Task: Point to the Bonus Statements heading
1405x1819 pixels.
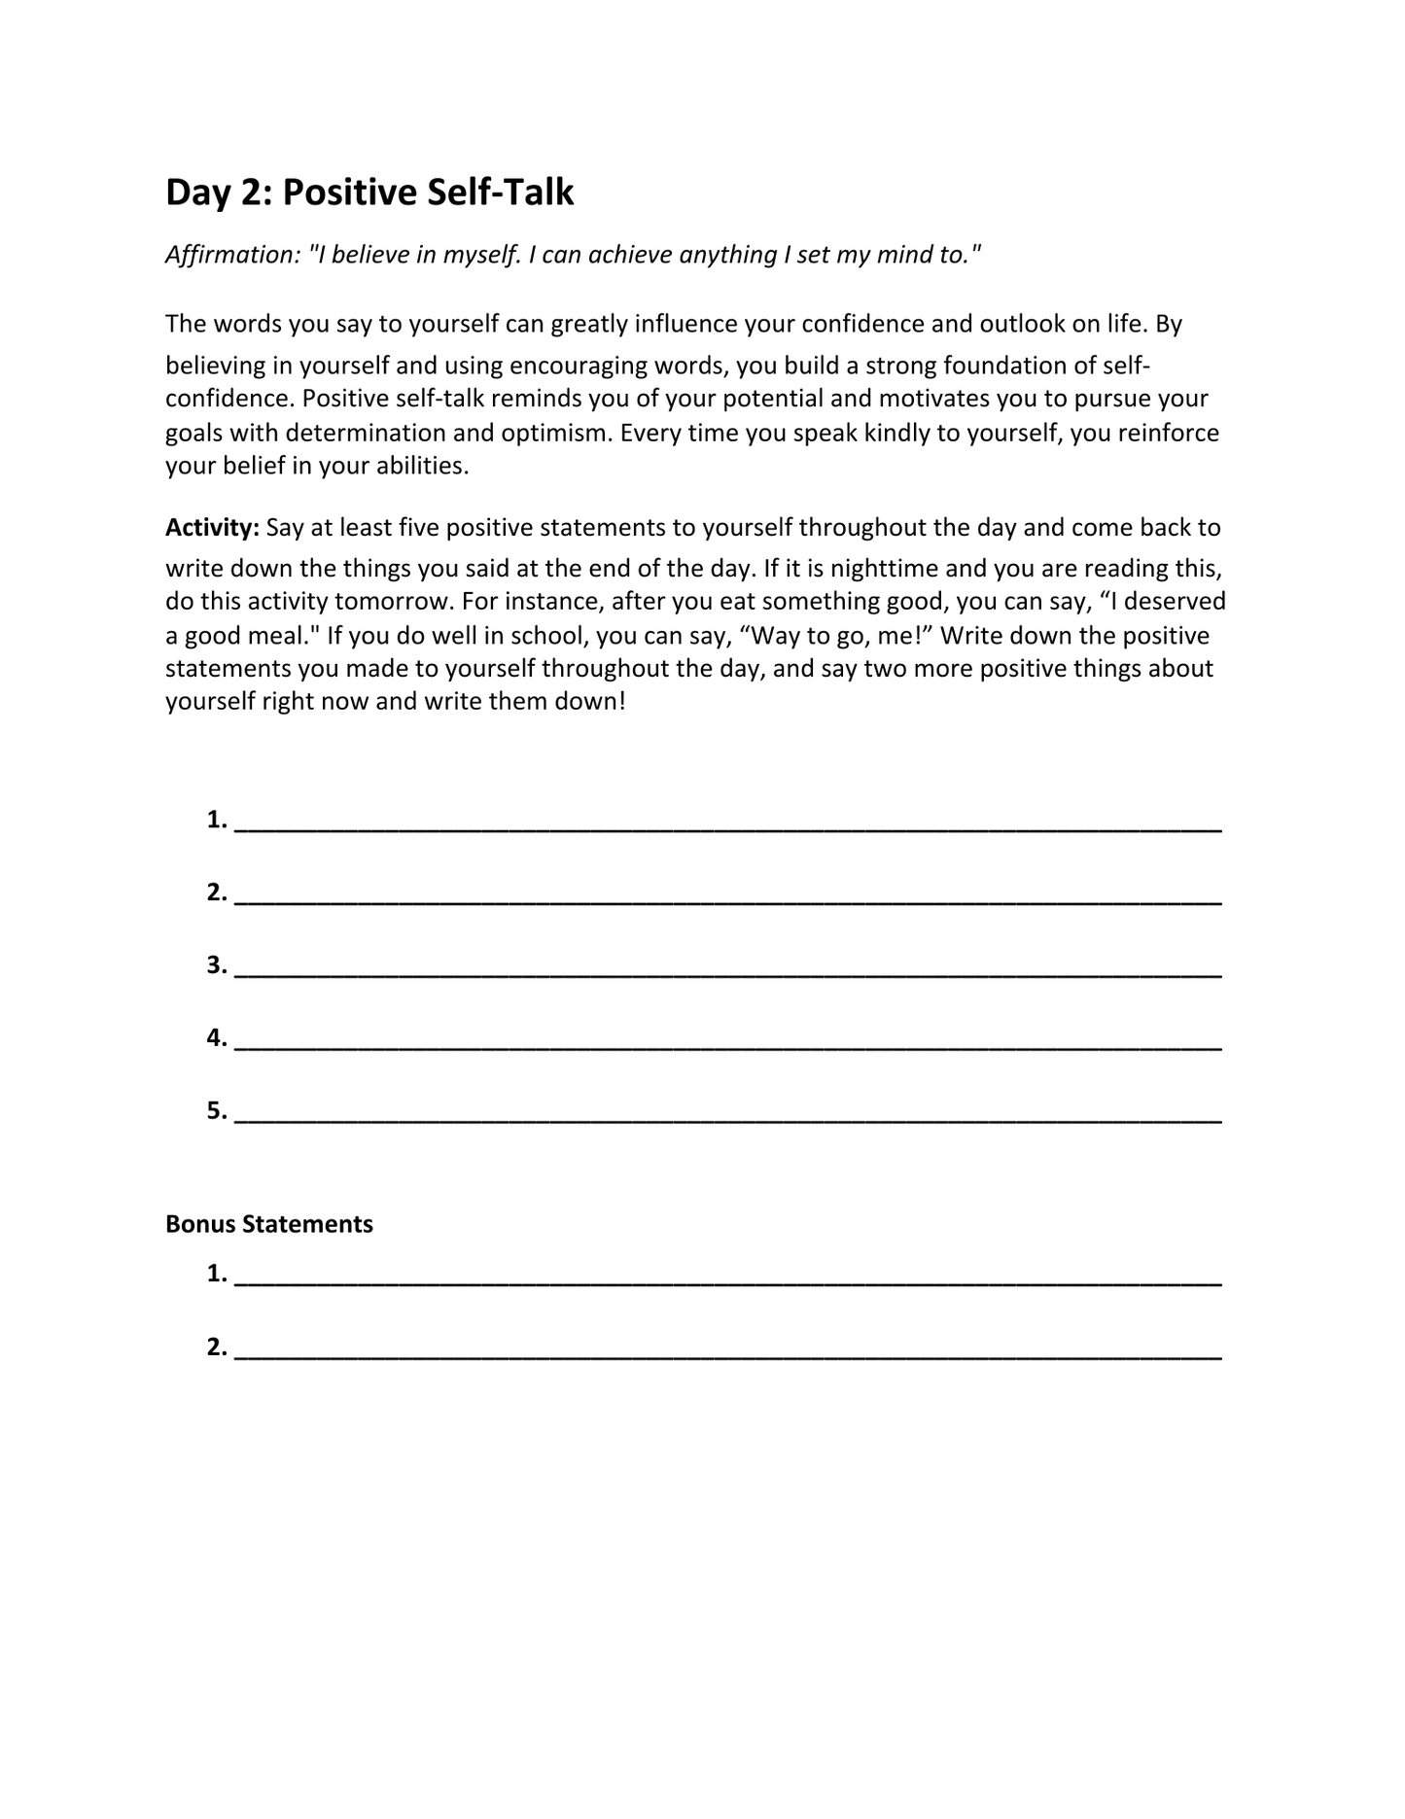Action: click(x=269, y=1224)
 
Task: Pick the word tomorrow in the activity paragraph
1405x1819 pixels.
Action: click(x=395, y=602)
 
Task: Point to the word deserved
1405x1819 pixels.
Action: click(x=1175, y=602)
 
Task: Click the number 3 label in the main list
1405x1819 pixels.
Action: click(x=216, y=965)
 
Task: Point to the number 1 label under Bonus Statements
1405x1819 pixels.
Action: click(x=216, y=1274)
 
